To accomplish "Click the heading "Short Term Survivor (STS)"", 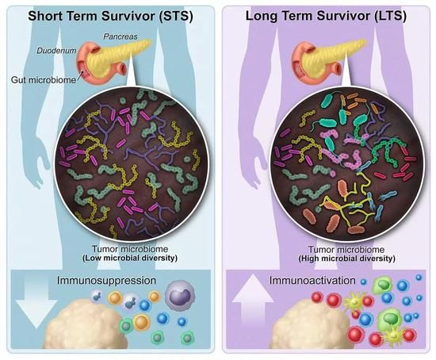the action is tap(110, 16).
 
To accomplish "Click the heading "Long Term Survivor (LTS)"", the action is tap(326, 16).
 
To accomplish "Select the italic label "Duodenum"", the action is tap(56, 51).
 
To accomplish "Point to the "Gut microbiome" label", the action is tap(44, 80).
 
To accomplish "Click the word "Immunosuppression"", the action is tap(106, 280).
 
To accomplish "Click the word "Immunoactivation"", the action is tap(312, 280).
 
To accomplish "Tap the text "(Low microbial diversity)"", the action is tap(130, 258).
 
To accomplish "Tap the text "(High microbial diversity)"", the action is tap(346, 259).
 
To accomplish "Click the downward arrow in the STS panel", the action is tap(36, 302).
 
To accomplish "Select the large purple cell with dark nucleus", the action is tap(180, 295).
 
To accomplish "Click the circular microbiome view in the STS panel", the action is tap(132, 163).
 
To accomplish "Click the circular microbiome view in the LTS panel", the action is tap(347, 163).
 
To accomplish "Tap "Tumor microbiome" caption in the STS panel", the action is tap(130, 249).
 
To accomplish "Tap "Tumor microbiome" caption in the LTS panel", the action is tap(346, 250).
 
